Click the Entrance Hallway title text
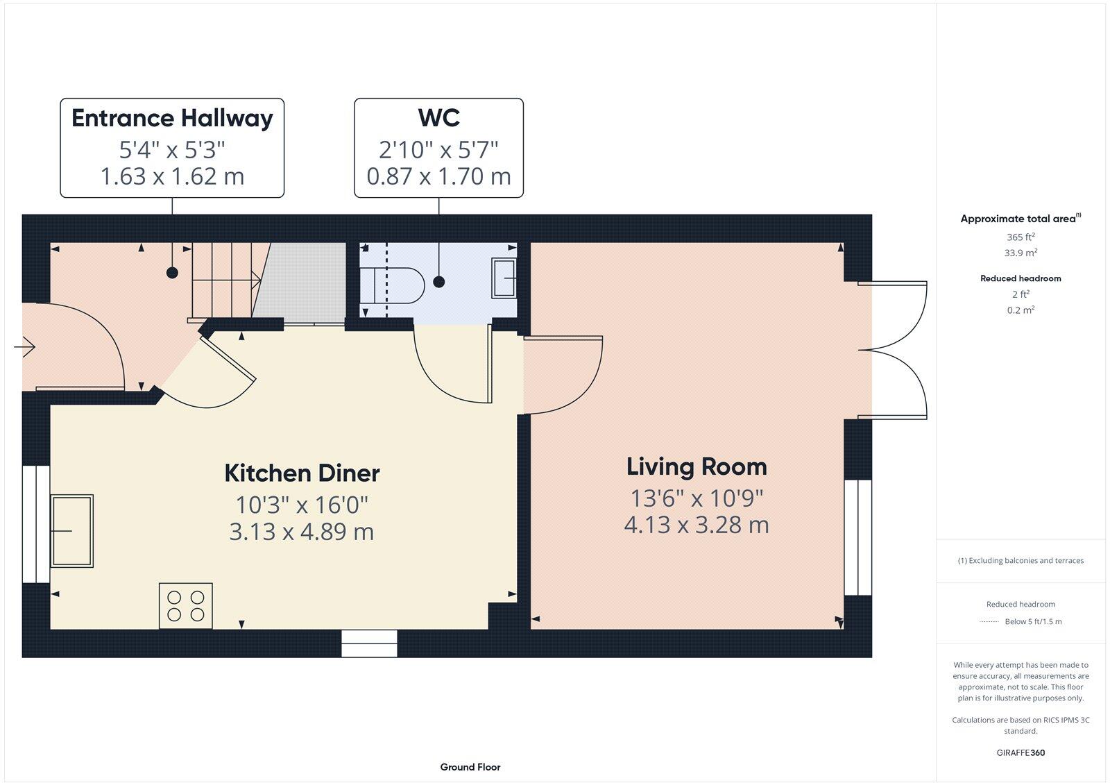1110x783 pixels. (x=172, y=118)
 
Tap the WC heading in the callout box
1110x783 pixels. (x=438, y=118)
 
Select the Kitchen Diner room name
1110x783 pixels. (x=302, y=473)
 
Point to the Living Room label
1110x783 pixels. (x=697, y=466)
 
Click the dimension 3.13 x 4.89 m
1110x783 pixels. (x=302, y=532)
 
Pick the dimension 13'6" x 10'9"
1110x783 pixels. (x=697, y=498)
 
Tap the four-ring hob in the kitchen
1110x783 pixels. (x=186, y=605)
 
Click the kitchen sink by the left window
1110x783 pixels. (x=71, y=530)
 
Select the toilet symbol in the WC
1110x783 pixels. (x=395, y=285)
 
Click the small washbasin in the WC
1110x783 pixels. (x=504, y=278)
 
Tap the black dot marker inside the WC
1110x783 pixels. (x=438, y=281)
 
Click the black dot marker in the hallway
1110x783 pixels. (x=172, y=273)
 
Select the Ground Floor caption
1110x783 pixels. (x=470, y=767)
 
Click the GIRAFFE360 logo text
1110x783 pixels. (x=1021, y=752)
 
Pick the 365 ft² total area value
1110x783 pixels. (x=1021, y=237)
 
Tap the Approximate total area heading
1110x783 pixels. (x=1018, y=219)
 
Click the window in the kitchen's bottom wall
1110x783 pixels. (x=369, y=643)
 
